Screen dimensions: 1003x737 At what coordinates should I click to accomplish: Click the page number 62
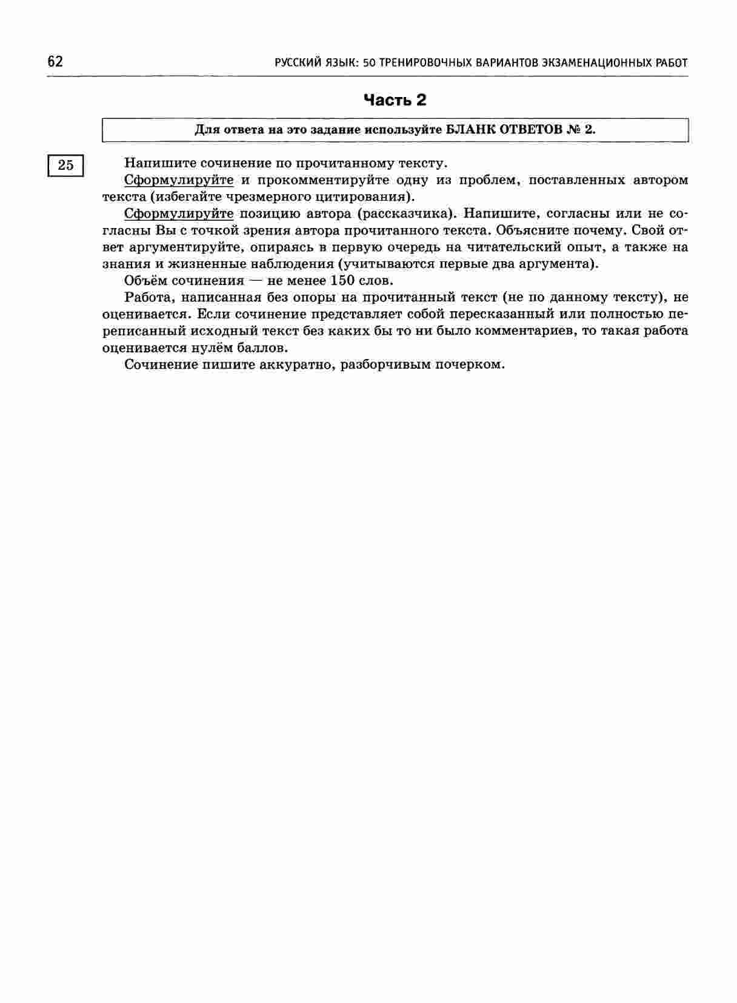click(x=55, y=62)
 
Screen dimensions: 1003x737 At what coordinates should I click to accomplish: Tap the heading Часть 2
click(x=395, y=100)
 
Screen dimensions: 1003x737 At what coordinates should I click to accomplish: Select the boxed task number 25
click(x=65, y=164)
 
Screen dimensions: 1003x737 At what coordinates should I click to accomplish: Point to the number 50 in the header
click(x=369, y=62)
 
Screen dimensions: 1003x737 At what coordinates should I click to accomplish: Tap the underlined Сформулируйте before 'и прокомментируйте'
click(x=179, y=180)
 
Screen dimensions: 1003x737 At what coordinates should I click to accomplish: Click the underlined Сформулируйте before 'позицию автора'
click(x=179, y=213)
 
